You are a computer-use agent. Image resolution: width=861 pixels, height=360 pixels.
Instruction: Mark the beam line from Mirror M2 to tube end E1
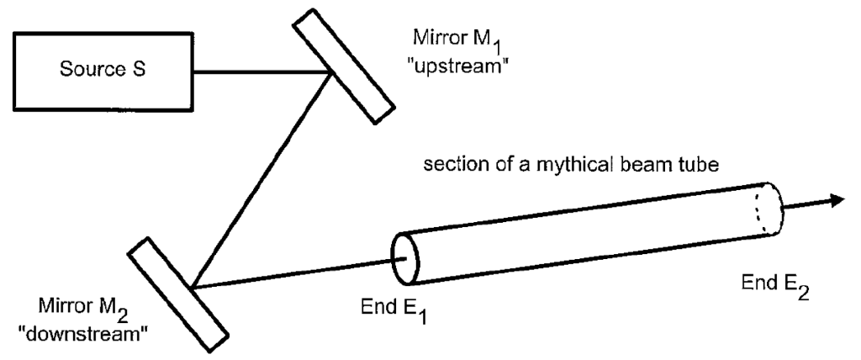coord(294,270)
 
